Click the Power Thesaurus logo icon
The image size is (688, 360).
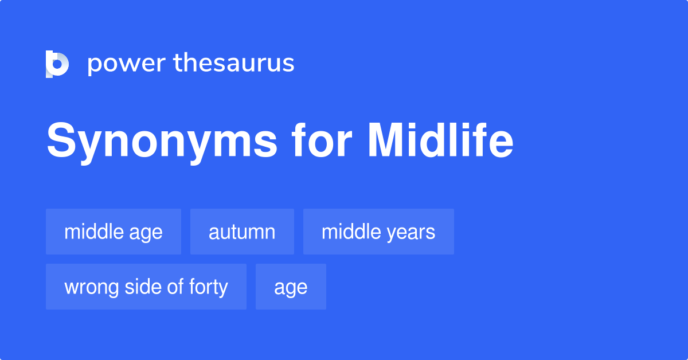(x=57, y=64)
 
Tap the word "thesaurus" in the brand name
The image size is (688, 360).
(x=234, y=63)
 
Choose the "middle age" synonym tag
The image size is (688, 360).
(x=114, y=232)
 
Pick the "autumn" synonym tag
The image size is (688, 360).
(x=242, y=232)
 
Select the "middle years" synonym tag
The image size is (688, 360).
(x=378, y=232)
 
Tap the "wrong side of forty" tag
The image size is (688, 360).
(x=146, y=287)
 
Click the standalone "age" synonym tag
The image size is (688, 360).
(x=291, y=287)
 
